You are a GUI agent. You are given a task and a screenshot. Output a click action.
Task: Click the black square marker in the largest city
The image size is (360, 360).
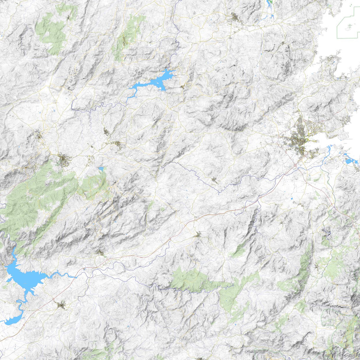point(304,149)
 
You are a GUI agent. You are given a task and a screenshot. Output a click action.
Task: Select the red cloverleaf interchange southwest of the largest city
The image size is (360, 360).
point(295,165)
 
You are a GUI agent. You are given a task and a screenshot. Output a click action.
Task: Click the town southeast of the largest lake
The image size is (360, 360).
point(61,305)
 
